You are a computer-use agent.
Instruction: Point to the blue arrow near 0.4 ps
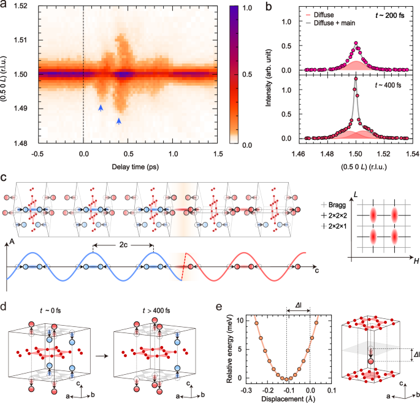click(119, 121)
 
